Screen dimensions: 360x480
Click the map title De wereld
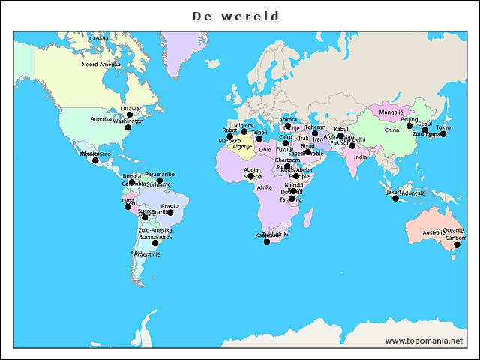[235, 16]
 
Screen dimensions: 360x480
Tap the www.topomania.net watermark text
[424, 340]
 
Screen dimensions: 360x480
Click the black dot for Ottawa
[129, 115]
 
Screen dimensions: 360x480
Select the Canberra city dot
[457, 244]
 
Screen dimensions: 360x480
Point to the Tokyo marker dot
[443, 133]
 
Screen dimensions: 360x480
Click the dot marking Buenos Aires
[155, 243]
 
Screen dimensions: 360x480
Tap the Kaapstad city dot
[267, 241]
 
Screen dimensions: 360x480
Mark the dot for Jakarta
[396, 198]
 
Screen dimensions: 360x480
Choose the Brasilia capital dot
[170, 213]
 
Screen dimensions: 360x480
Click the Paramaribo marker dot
[160, 181]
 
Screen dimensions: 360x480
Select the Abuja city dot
[250, 176]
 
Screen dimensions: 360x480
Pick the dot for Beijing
[409, 125]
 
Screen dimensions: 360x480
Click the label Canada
[98, 38]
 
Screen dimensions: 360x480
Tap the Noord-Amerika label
[100, 64]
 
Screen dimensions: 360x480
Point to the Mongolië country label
[391, 112]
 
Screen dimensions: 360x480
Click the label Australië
[433, 232]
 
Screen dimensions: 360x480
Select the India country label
[361, 157]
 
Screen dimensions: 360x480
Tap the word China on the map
[391, 130]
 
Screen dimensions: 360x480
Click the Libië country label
[265, 150]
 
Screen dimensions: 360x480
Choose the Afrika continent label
[264, 187]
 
